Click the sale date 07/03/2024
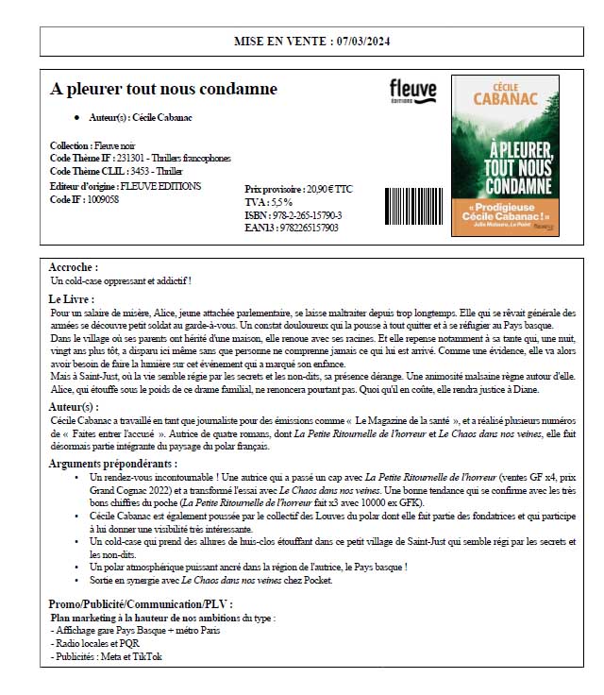361,42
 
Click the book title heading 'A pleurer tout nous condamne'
163,89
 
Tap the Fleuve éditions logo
412,91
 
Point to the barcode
412,207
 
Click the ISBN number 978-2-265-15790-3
306,215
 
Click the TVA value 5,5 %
281,202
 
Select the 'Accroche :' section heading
73,267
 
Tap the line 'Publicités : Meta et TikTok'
108,656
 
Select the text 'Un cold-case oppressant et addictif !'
120,280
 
